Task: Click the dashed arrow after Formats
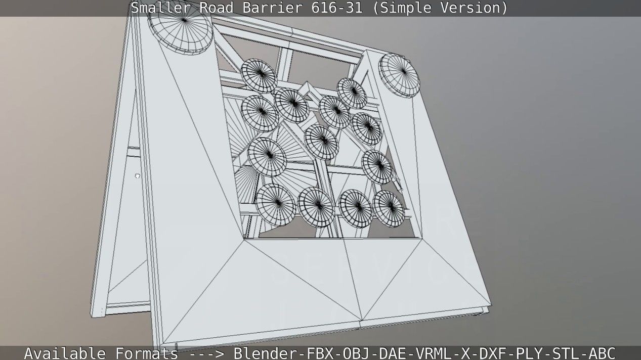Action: tap(205, 353)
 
